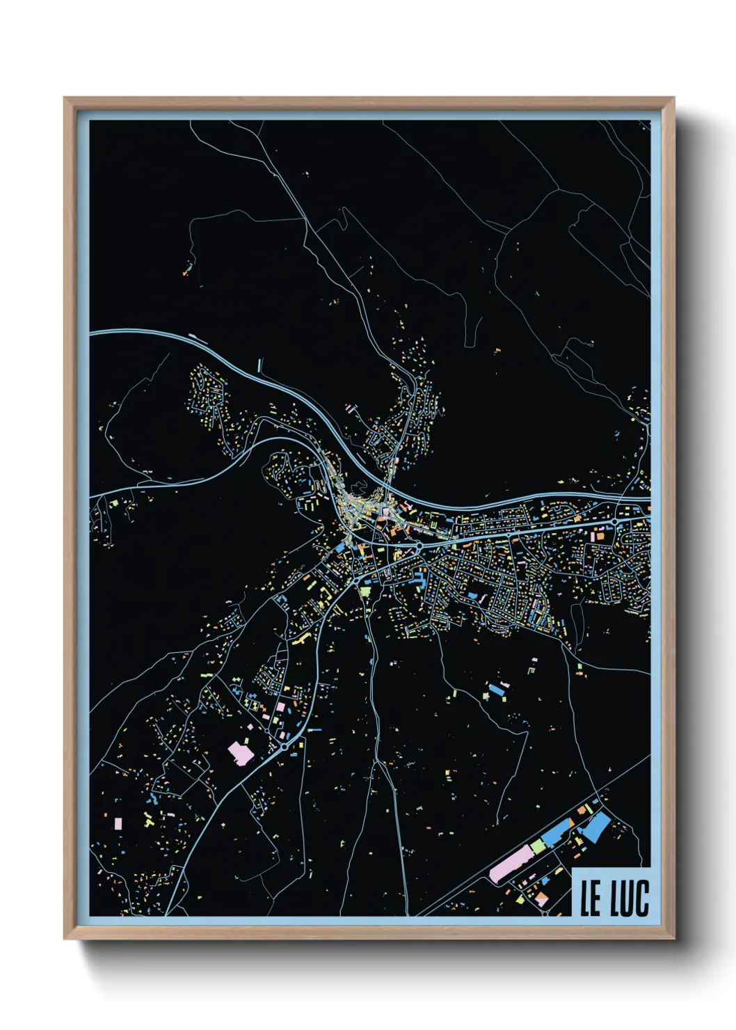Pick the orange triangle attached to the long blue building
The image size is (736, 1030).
(572, 823)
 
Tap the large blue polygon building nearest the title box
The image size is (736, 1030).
(596, 827)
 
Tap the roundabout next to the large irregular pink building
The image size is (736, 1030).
(285, 746)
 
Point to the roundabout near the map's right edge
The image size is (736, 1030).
(615, 521)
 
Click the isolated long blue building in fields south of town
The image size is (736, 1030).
(495, 690)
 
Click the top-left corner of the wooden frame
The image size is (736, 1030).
(65, 98)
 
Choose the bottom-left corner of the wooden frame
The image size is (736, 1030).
(65, 939)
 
